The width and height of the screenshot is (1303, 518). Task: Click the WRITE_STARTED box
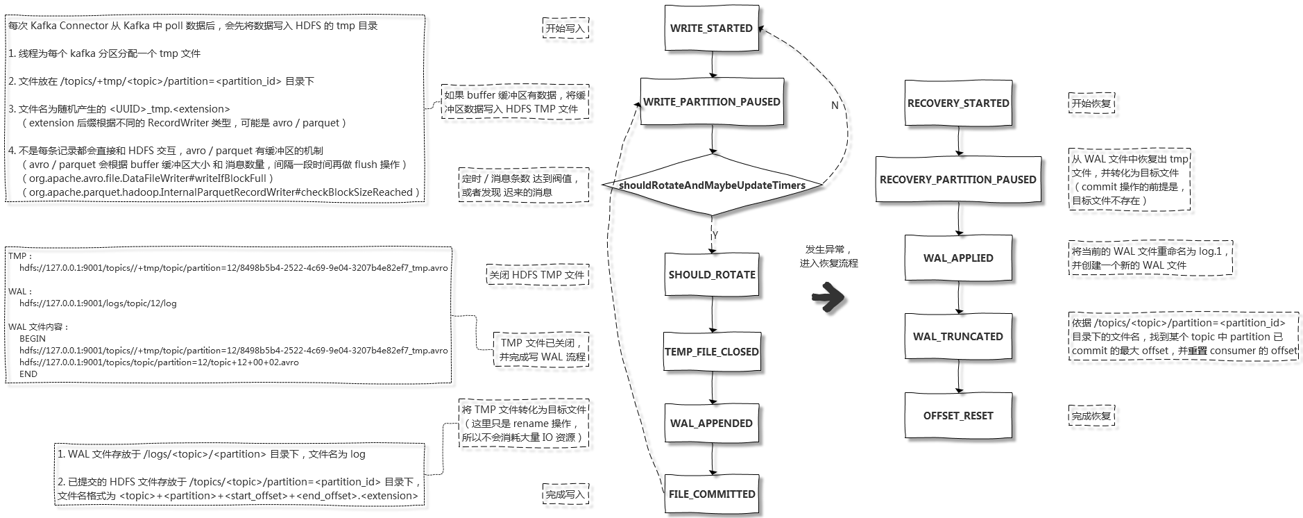pyautogui.click(x=711, y=28)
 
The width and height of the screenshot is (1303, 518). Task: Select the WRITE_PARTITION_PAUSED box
pyautogui.click(x=712, y=102)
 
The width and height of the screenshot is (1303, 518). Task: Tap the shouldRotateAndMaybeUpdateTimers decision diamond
pyautogui.click(x=712, y=185)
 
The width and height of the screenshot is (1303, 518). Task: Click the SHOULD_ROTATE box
pyautogui.click(x=712, y=275)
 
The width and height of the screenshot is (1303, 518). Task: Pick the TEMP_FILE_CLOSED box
pyautogui.click(x=712, y=352)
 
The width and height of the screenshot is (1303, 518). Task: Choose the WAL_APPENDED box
pyautogui.click(x=711, y=424)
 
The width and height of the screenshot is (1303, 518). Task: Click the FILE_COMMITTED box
pyautogui.click(x=712, y=494)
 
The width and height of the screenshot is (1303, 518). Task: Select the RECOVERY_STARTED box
pyautogui.click(x=958, y=103)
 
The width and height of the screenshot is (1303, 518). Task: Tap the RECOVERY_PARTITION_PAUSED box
pyautogui.click(x=958, y=180)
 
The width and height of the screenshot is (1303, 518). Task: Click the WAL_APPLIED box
pyautogui.click(x=958, y=258)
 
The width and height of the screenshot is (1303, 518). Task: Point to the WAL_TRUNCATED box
pyautogui.click(x=958, y=337)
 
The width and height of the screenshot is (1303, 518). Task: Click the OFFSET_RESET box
pyautogui.click(x=958, y=416)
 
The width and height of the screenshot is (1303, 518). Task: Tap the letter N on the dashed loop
pyautogui.click(x=835, y=106)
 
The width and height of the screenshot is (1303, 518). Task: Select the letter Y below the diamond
pyautogui.click(x=715, y=235)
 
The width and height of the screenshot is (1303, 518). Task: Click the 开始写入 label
pyautogui.click(x=565, y=28)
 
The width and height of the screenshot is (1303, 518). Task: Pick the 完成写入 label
pyautogui.click(x=565, y=494)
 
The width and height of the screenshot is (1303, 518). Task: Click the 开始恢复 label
pyautogui.click(x=1091, y=103)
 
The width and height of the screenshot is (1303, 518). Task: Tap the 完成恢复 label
pyautogui.click(x=1091, y=416)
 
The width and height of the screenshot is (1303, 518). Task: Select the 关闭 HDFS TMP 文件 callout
pyautogui.click(x=536, y=275)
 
